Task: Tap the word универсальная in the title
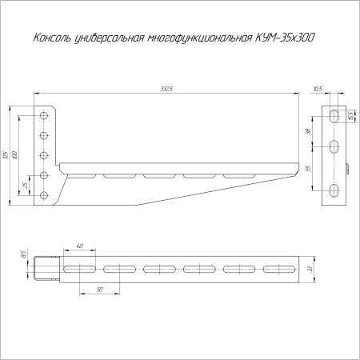(x=107, y=38)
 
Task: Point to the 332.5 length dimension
(x=166, y=89)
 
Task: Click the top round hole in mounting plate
(x=45, y=116)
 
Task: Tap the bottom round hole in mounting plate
(x=45, y=194)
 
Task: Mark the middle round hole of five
(x=45, y=155)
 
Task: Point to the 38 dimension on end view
(x=309, y=130)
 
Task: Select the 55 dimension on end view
(x=309, y=168)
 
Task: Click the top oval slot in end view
(x=334, y=116)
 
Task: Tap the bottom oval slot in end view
(x=334, y=190)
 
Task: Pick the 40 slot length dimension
(x=79, y=246)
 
